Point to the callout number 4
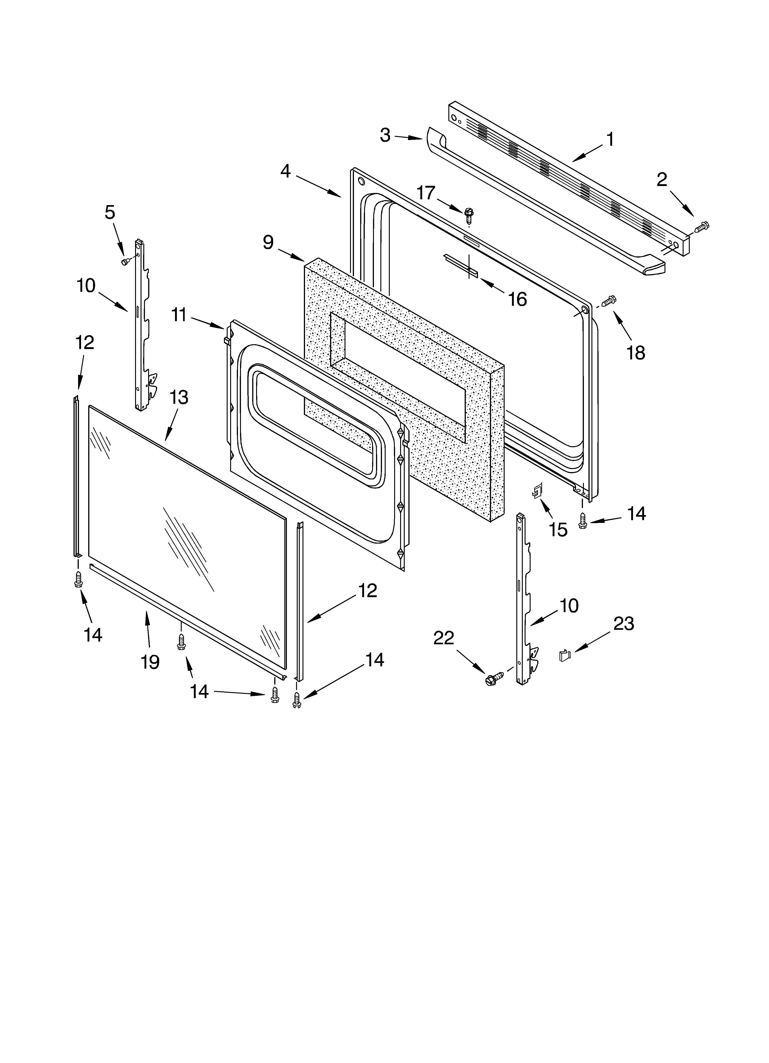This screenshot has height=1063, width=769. coord(285,172)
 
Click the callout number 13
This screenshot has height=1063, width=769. coord(179,398)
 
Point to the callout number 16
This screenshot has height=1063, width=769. coord(517,299)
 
